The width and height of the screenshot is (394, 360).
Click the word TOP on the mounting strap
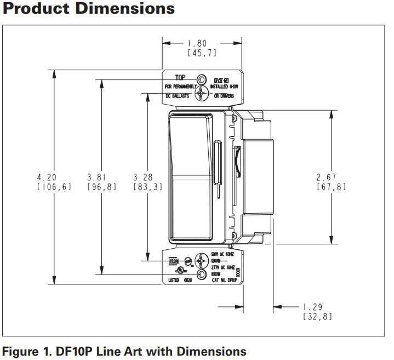(180, 78)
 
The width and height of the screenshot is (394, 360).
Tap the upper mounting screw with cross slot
(202, 94)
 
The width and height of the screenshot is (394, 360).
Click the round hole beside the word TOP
(202, 80)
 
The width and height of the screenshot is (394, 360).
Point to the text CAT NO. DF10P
(224, 279)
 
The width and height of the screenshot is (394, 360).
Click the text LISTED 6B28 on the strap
(178, 279)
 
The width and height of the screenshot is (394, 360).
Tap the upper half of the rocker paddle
(190, 145)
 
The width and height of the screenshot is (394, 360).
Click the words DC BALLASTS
(177, 95)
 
